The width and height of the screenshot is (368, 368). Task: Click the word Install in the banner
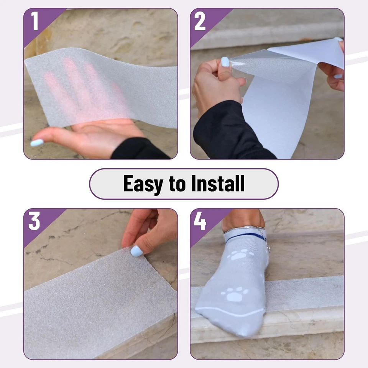(219, 184)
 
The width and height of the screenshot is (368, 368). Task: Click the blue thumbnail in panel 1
(37, 143)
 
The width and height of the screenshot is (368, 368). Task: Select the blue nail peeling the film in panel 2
(225, 62)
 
